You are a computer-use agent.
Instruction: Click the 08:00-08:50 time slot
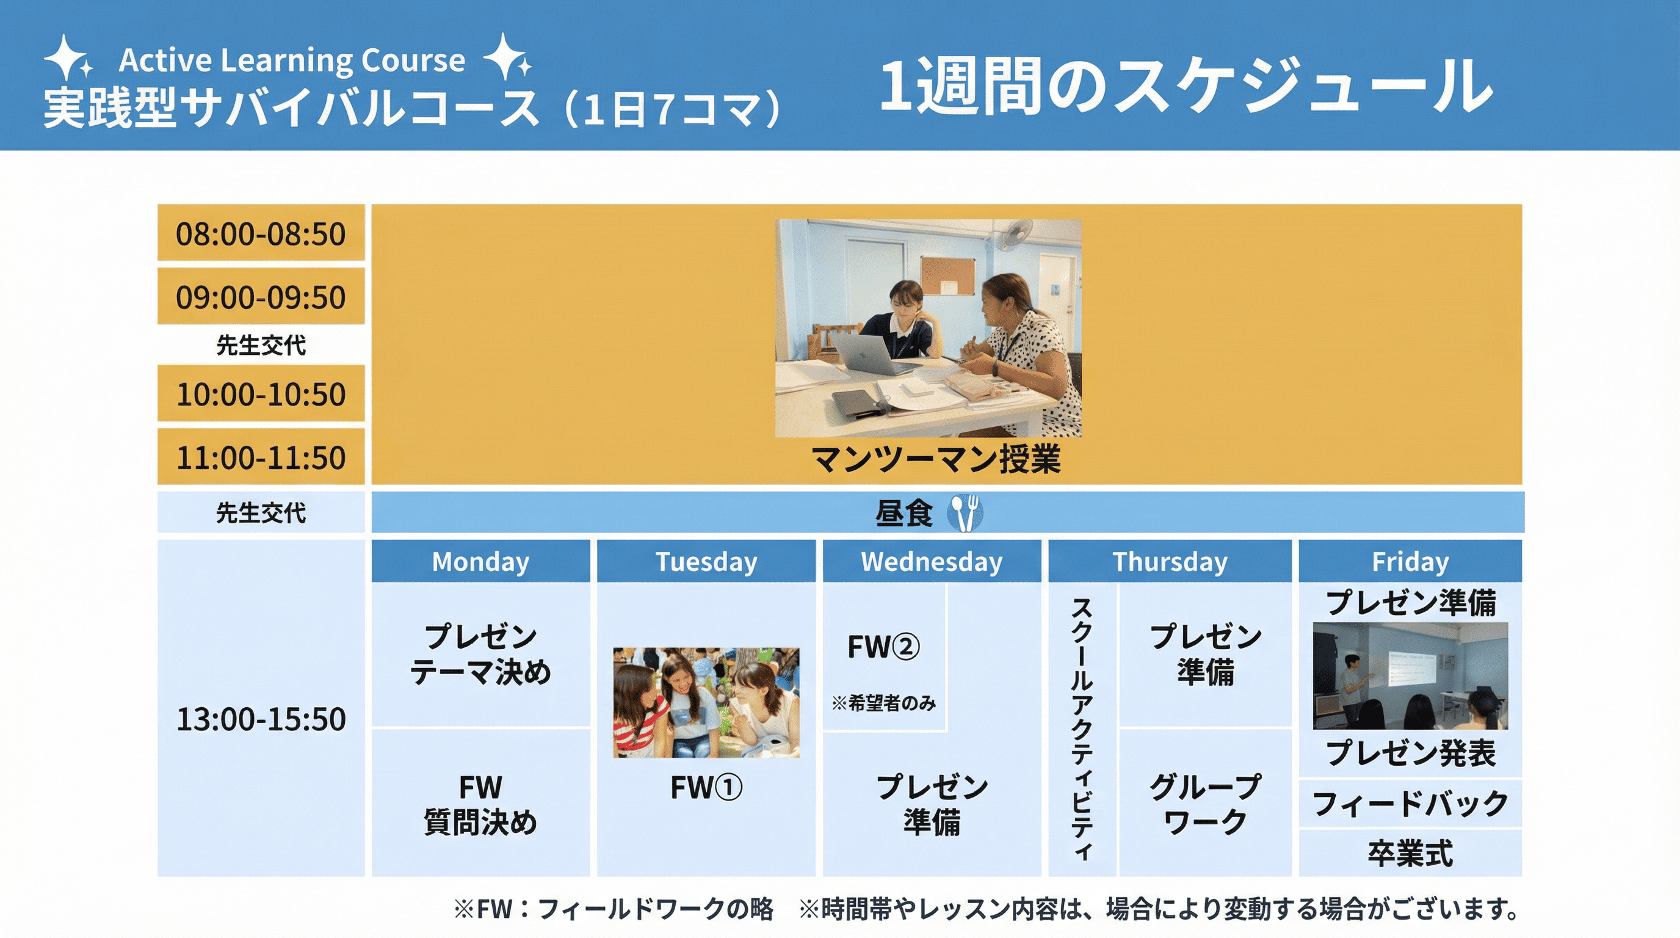[x=261, y=233]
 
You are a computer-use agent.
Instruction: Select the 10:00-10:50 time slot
[x=261, y=393]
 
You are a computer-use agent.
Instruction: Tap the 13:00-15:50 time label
[x=261, y=719]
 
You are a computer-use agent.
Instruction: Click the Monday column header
[x=480, y=561]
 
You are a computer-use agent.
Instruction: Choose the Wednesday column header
[x=932, y=561]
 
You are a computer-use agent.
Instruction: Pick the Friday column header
[x=1410, y=561]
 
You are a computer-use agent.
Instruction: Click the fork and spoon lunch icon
[x=965, y=513]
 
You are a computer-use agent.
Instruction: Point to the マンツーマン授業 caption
[x=936, y=459]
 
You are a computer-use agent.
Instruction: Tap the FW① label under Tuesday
[x=706, y=787]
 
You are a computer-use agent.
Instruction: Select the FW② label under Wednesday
[x=884, y=647]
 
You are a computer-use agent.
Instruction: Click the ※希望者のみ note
[x=884, y=702]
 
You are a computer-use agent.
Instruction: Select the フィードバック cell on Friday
[x=1410, y=803]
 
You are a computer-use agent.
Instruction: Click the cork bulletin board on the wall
[x=947, y=275]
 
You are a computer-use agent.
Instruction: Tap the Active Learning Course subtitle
[x=292, y=60]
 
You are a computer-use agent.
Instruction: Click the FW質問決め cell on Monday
[x=480, y=804]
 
